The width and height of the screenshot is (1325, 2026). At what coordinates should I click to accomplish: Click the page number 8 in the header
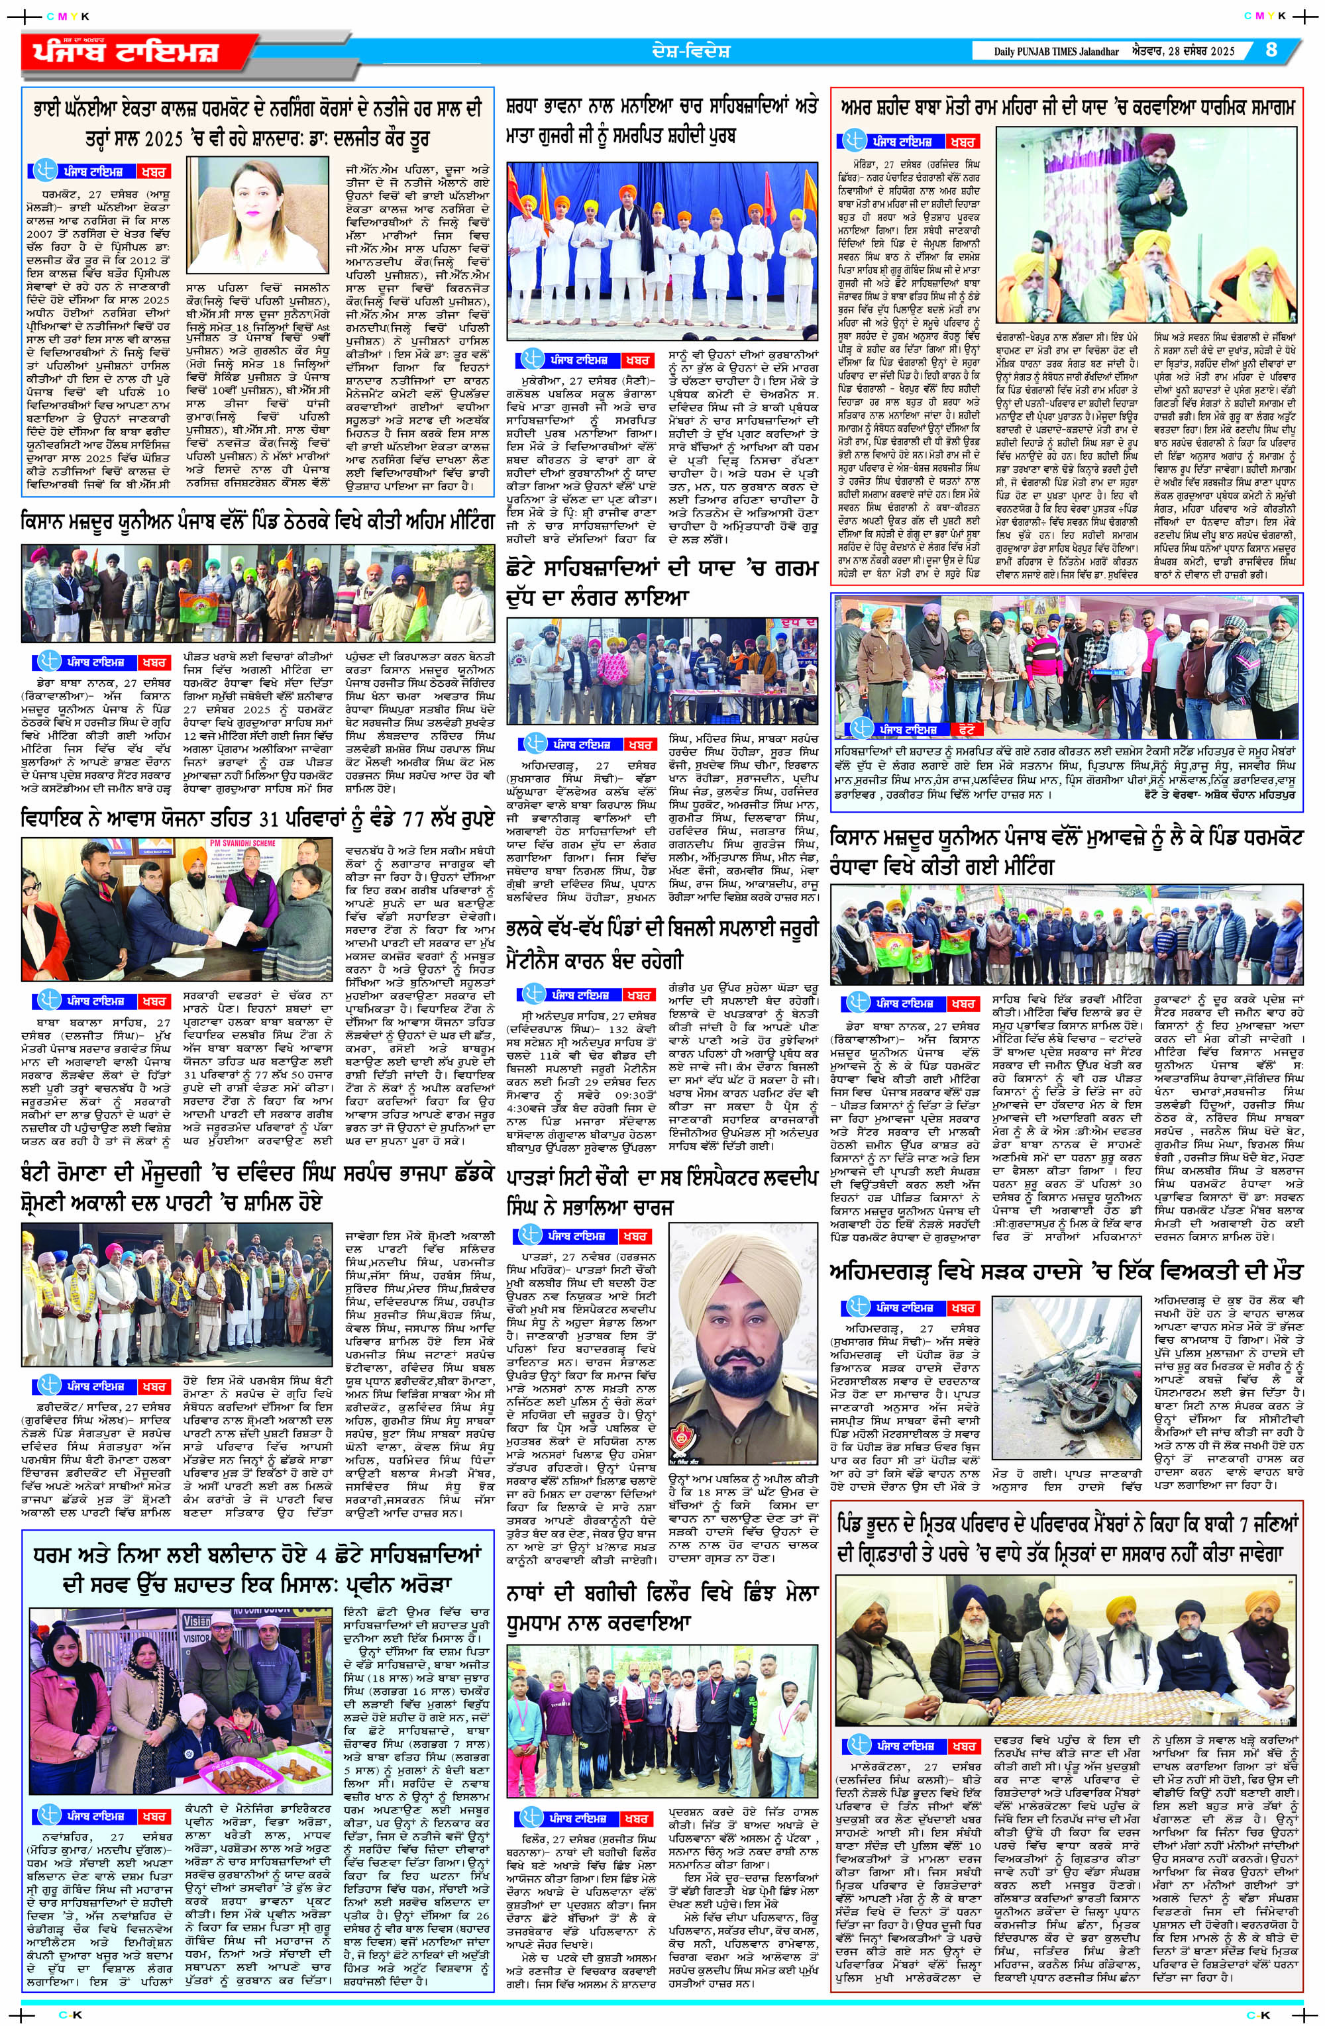pos(1271,50)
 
